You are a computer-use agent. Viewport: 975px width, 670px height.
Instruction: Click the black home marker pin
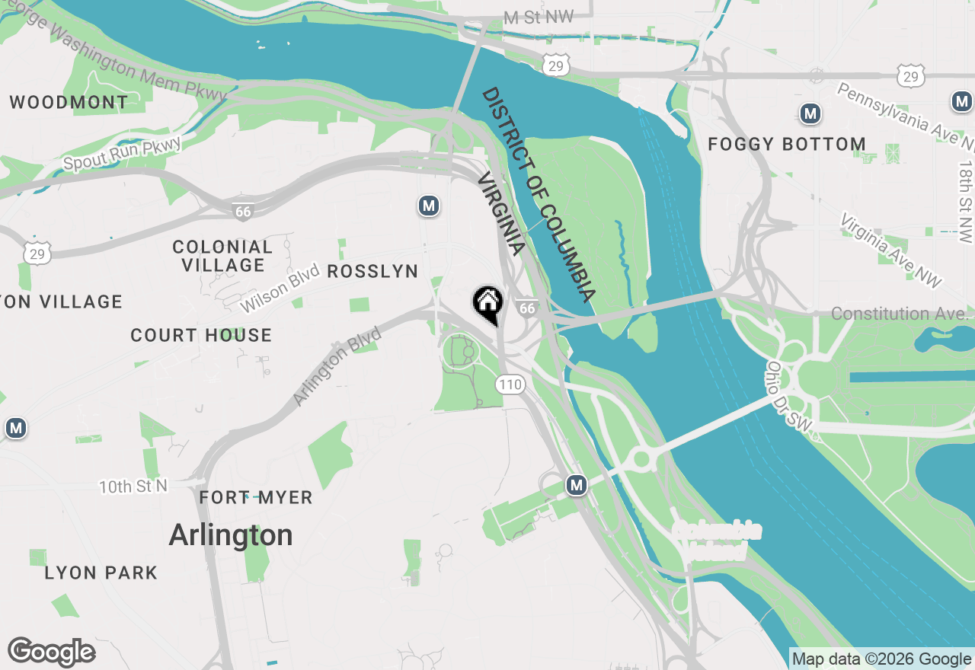pyautogui.click(x=487, y=303)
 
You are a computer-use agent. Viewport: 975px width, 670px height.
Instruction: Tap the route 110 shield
pyautogui.click(x=510, y=384)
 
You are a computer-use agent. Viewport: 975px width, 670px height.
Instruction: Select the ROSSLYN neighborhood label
pyautogui.click(x=372, y=272)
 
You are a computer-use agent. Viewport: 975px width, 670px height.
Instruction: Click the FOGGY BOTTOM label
pyautogui.click(x=786, y=144)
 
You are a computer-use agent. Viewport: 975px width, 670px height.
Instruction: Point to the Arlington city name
pyautogui.click(x=230, y=535)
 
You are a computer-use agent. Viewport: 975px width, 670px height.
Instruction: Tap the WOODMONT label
pyautogui.click(x=69, y=102)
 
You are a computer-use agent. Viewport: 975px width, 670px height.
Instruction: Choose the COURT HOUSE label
pyautogui.click(x=201, y=335)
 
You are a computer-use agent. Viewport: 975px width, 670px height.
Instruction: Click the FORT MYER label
pyautogui.click(x=256, y=498)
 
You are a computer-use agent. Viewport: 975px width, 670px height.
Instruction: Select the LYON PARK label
pyautogui.click(x=101, y=573)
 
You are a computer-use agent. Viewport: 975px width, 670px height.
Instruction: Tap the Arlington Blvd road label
pyautogui.click(x=337, y=367)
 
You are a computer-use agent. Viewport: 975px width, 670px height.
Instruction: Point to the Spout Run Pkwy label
pyautogui.click(x=123, y=154)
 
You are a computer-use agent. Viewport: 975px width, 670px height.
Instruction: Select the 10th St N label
pyautogui.click(x=133, y=487)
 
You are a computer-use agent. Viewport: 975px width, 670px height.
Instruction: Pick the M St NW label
pyautogui.click(x=539, y=18)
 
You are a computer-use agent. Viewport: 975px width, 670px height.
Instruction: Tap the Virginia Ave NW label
pyautogui.click(x=890, y=250)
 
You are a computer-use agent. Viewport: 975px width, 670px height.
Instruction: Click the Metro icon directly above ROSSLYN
pyautogui.click(x=429, y=206)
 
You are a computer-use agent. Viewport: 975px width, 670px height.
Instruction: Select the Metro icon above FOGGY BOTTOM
pyautogui.click(x=810, y=114)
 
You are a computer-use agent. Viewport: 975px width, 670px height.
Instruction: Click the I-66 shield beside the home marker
pyautogui.click(x=526, y=308)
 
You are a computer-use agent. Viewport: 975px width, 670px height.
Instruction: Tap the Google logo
pyautogui.click(x=51, y=652)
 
